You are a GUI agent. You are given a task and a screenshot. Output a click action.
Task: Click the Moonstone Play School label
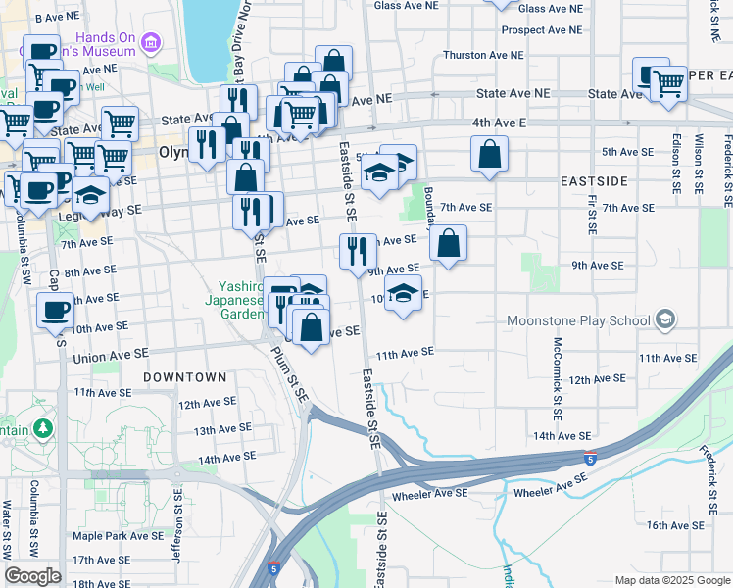coord(578,320)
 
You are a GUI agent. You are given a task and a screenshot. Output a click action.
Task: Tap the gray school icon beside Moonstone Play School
coord(665,319)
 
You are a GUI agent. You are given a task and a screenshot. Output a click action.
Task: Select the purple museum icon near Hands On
coord(150,42)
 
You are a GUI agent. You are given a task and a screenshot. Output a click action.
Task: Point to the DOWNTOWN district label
coord(184,376)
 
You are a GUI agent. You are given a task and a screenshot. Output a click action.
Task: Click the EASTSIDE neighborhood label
coord(593,181)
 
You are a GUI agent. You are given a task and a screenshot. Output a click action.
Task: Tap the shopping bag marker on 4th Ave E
coord(488,154)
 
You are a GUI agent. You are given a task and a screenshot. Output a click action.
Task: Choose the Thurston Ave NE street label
coord(485,55)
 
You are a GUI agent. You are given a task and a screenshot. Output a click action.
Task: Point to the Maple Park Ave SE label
coord(118,535)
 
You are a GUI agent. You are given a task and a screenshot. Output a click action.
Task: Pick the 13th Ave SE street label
coord(218,430)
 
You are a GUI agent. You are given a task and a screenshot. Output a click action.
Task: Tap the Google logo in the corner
coord(32,575)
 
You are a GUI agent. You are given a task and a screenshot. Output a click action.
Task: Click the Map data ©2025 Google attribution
coord(671,580)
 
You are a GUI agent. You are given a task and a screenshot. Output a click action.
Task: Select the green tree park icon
coord(43,428)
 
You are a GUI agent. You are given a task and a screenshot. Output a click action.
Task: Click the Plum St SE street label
coord(290,373)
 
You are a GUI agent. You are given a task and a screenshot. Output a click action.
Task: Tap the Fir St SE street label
coord(593,213)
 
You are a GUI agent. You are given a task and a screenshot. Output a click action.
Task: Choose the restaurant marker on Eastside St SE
coord(358,250)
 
